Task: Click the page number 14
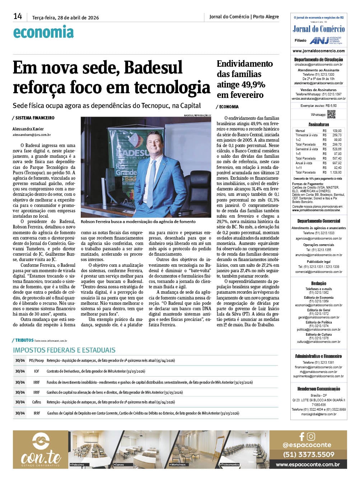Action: (x=18, y=16)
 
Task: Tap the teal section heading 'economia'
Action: (x=43, y=32)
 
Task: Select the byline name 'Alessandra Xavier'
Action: (x=28, y=129)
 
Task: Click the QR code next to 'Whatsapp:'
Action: (x=331, y=114)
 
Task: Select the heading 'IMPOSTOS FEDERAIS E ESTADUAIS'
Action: (x=64, y=350)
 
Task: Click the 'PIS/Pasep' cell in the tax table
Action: (x=37, y=361)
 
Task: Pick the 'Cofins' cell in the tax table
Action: (x=37, y=402)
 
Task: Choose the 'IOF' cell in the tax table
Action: (x=37, y=372)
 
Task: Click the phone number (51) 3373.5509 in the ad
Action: (x=308, y=455)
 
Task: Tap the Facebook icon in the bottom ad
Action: (x=302, y=436)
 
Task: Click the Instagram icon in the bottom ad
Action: (x=311, y=436)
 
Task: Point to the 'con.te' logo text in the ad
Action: (x=41, y=457)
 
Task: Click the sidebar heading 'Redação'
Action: (x=318, y=283)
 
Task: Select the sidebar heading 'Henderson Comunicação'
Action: (x=318, y=389)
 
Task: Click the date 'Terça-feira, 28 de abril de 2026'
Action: (x=65, y=18)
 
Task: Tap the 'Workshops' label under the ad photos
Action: (x=178, y=465)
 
